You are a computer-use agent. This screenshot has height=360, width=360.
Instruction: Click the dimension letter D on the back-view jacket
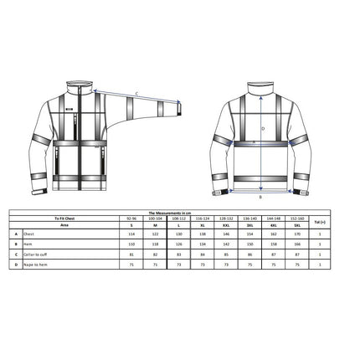262,129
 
